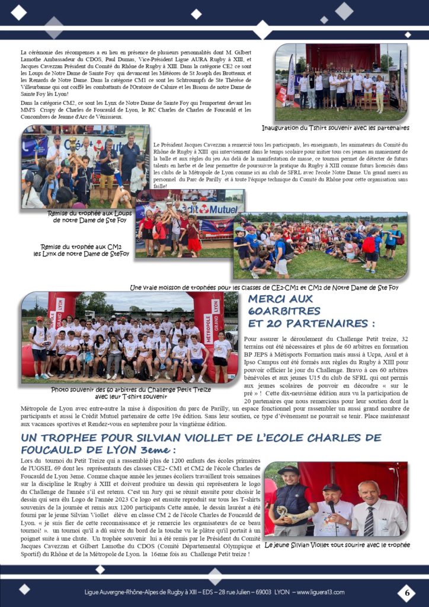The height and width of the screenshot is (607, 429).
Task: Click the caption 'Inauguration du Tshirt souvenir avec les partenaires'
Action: pos(335,127)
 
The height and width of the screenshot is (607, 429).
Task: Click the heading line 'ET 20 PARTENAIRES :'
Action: pos(312,324)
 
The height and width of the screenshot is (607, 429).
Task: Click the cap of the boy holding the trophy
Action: pos(289,470)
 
